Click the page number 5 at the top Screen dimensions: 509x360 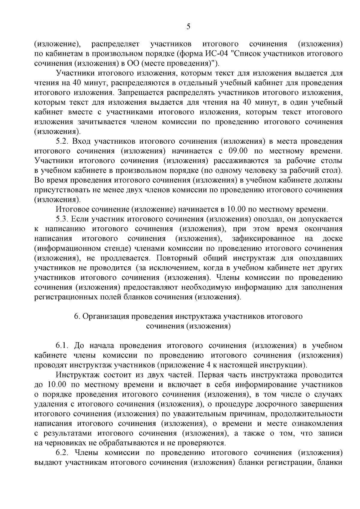(x=188, y=27)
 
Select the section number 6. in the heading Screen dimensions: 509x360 (x=76, y=316)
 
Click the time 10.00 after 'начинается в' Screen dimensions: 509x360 (x=237, y=209)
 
